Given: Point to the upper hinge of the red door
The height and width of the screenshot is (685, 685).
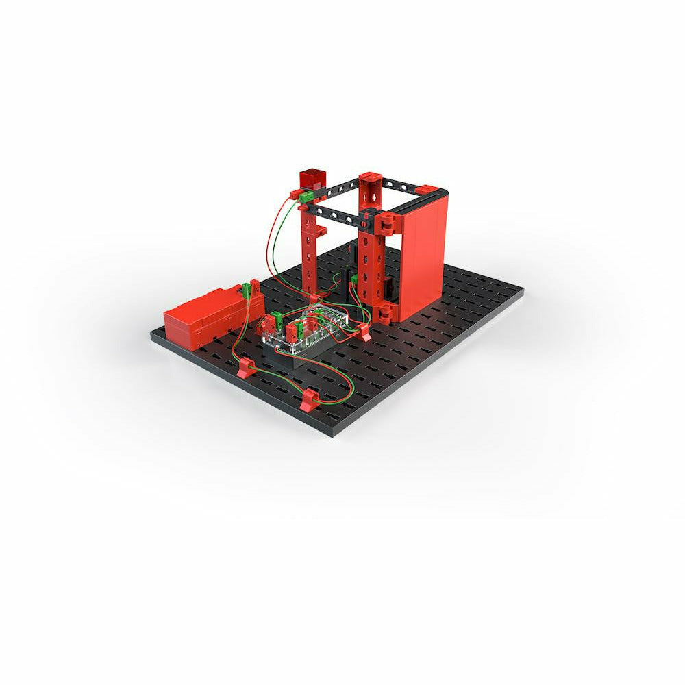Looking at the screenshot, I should coord(386,223).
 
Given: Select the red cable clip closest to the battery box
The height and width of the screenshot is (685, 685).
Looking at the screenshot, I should coord(247,369).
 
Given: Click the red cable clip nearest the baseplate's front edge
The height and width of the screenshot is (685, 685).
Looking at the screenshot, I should coord(310,399).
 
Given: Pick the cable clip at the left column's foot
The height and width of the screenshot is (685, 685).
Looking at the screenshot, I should coord(314,299).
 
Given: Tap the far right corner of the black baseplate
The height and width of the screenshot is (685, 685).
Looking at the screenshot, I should coord(522,291).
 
